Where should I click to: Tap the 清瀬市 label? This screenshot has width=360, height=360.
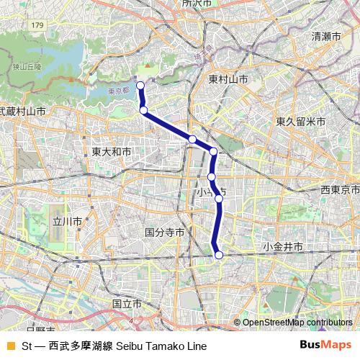point(326,36)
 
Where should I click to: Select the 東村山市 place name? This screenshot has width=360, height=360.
point(228,78)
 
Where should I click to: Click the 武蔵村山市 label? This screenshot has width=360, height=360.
point(22,112)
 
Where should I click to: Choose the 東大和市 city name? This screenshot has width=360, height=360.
point(112,153)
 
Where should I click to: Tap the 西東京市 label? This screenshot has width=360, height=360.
point(340,189)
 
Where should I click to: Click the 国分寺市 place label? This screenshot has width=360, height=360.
point(165,233)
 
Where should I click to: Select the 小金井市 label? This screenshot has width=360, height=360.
point(282,247)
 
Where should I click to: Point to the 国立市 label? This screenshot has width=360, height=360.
point(127,305)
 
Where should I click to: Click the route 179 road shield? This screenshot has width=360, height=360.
point(37,26)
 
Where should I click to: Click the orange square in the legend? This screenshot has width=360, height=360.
point(9,346)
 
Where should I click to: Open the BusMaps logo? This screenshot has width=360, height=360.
point(325,345)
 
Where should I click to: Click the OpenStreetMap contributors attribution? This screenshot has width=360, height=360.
point(297,323)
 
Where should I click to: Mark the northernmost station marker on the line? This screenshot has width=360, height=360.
point(140,86)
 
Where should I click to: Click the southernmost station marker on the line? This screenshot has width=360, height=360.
point(219,255)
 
